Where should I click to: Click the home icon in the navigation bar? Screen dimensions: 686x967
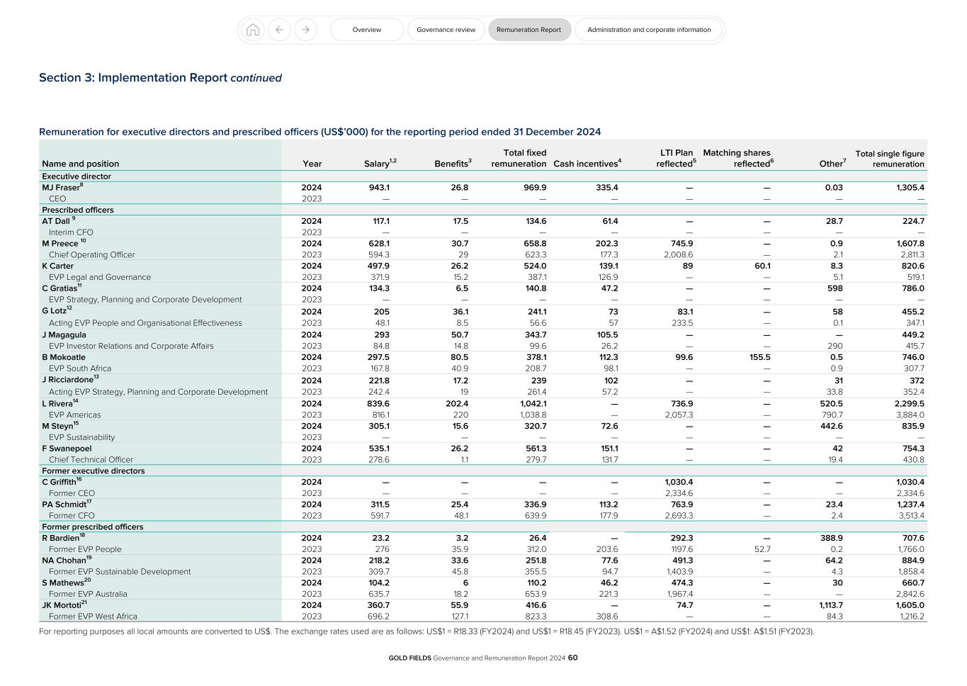pos(252,30)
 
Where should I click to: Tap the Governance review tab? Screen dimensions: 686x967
pos(446,30)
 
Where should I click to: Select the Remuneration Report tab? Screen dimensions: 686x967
pos(528,30)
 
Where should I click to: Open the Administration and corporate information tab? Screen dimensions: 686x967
pos(648,30)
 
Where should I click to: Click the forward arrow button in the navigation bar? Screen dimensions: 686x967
pos(305,30)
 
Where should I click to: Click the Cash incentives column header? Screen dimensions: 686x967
pos(587,164)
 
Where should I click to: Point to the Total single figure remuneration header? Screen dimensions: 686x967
pos(890,159)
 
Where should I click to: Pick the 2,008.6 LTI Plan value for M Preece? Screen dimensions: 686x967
pos(678,254)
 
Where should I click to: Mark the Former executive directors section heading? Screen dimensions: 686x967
pos(93,471)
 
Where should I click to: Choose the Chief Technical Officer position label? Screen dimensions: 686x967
pos(91,459)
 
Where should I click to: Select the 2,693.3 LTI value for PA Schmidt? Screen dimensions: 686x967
pos(678,516)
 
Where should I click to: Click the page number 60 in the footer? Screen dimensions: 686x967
pos(573,658)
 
